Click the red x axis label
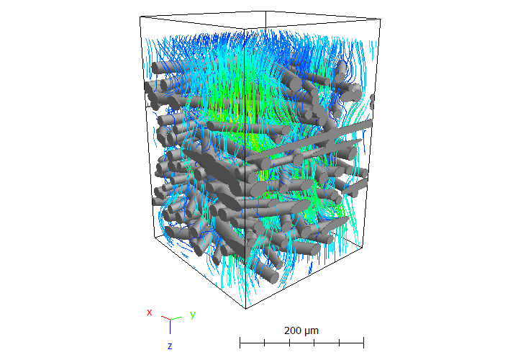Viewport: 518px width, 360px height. (x=150, y=312)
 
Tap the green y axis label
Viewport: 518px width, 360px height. (x=193, y=315)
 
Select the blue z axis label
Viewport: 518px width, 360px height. (x=170, y=346)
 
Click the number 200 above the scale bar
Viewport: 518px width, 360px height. (x=293, y=330)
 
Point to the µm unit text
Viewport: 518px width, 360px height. (x=312, y=331)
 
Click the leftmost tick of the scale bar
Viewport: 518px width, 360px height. (x=240, y=343)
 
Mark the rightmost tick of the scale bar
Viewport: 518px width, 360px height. (x=364, y=343)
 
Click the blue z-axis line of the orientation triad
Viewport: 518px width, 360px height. (x=170, y=327)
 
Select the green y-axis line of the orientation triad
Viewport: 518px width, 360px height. (x=176, y=318)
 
